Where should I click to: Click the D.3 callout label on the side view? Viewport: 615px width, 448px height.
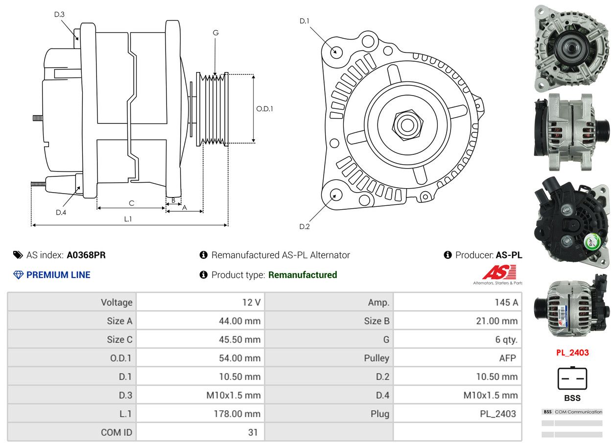click(59, 14)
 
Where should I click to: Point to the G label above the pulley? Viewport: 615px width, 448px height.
click(215, 33)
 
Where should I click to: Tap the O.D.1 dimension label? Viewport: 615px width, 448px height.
click(264, 109)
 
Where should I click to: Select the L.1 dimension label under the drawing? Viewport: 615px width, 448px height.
click(128, 219)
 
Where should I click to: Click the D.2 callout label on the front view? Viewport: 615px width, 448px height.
click(305, 226)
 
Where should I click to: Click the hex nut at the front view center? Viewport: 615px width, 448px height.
click(406, 124)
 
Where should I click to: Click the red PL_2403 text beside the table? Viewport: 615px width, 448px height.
click(572, 352)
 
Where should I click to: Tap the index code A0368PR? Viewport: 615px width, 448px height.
click(86, 255)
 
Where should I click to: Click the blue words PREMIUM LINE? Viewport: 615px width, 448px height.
click(58, 275)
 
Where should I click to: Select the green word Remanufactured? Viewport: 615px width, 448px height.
click(303, 275)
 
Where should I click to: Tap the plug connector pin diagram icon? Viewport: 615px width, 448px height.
click(572, 378)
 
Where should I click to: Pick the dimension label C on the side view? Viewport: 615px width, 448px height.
click(131, 203)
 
